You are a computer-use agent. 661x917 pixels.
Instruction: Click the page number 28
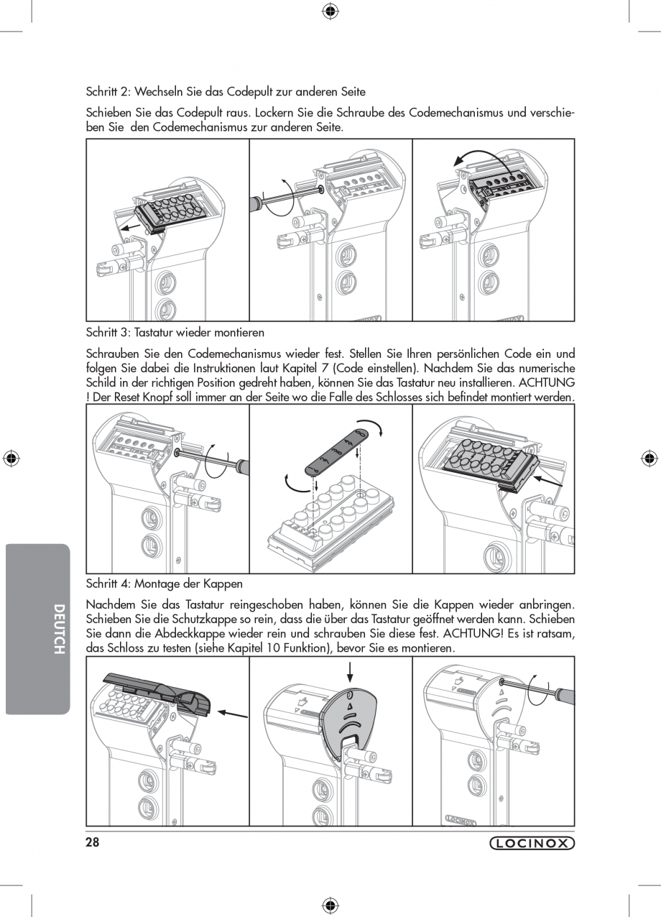(92, 843)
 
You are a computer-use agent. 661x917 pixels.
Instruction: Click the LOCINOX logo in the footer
(532, 844)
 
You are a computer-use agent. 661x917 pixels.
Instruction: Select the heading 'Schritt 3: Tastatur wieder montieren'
(175, 333)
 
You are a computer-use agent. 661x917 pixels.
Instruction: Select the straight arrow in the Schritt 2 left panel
(131, 227)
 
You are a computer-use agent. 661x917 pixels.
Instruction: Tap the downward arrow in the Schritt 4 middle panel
(350, 671)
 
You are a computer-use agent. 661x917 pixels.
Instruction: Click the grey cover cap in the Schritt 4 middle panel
(348, 722)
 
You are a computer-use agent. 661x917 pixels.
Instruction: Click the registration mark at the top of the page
(330, 10)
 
